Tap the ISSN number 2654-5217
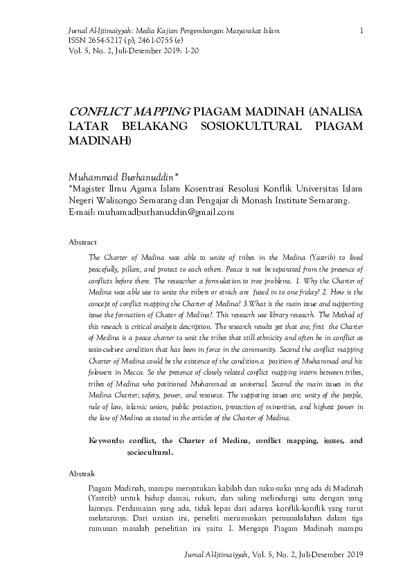coord(89,41)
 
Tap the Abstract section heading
coord(82,243)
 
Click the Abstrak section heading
coord(82,473)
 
